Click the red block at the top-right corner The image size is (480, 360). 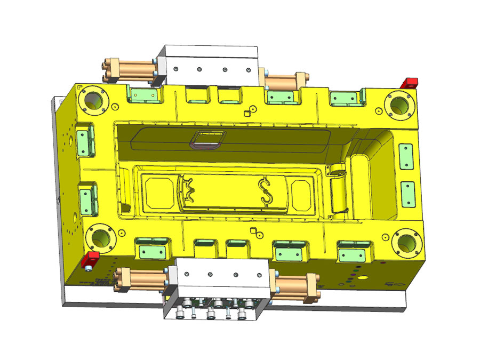pos(410,83)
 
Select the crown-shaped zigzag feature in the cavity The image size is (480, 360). pos(187,189)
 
